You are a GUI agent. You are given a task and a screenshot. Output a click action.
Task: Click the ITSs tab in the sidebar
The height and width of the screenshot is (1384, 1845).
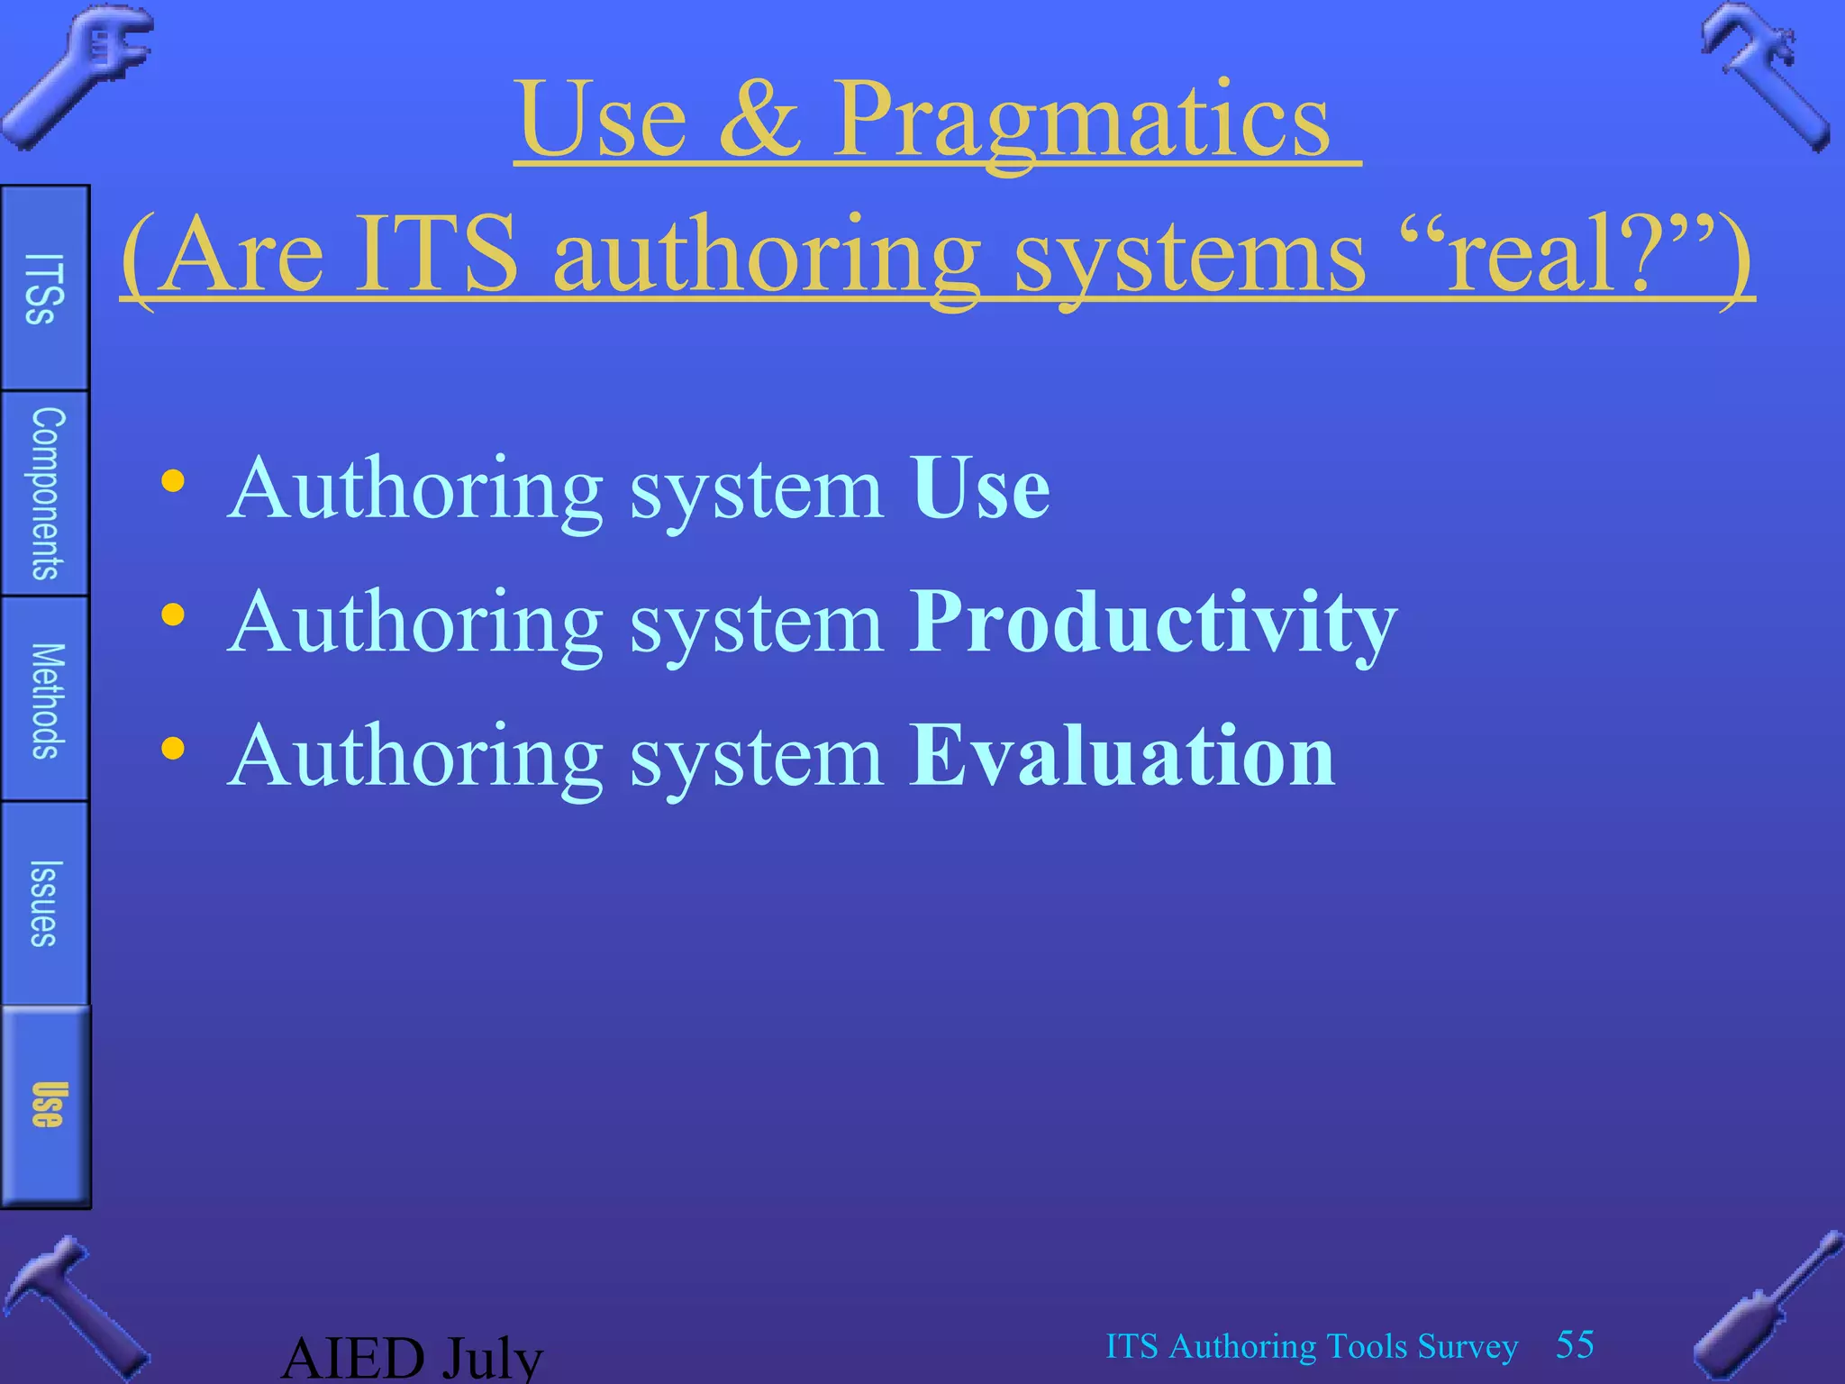tap(44, 288)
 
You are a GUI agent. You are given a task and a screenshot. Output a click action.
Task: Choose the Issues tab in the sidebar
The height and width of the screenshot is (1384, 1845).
tap(45, 904)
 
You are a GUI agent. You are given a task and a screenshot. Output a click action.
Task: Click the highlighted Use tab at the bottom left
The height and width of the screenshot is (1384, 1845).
tap(45, 1106)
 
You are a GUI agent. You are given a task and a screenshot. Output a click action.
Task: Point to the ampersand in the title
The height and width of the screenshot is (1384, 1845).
tap(759, 121)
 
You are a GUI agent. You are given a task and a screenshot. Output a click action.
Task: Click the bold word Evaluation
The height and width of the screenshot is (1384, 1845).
tap(1121, 757)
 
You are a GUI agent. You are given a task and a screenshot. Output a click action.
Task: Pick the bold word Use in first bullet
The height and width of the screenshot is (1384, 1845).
tap(979, 489)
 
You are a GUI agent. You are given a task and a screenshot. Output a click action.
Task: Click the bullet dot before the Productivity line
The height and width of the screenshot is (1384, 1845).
tap(172, 615)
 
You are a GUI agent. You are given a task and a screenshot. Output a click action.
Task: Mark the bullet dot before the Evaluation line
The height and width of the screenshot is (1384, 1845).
tap(172, 749)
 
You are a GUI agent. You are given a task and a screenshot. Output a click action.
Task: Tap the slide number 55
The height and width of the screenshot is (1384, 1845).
tap(1575, 1344)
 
